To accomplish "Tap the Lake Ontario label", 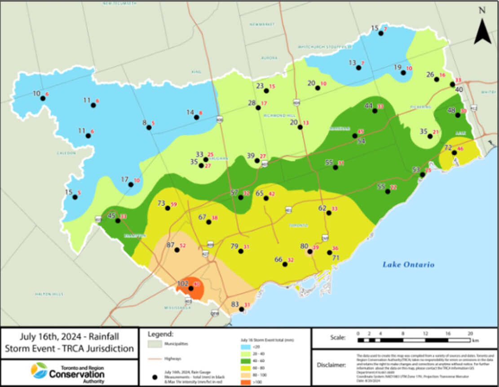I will point(408,264).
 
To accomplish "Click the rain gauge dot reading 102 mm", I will point(191,288).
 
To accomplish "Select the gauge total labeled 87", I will point(170,245).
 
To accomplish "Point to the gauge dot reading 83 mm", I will point(242,309).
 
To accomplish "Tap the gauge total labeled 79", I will point(234,246).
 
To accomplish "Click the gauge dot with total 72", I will point(454,153).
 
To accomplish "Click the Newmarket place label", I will point(258,24).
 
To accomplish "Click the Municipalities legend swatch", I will point(154,344).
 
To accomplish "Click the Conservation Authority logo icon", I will point(39,371).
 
